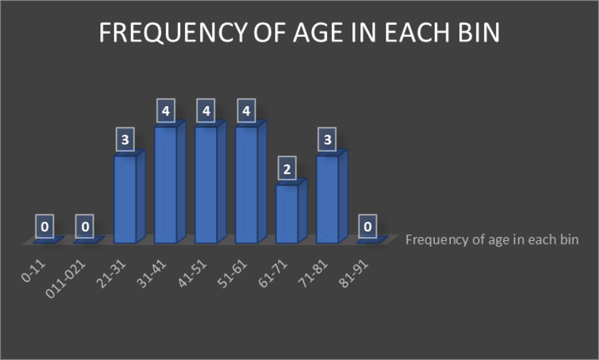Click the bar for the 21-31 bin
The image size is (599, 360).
click(130, 197)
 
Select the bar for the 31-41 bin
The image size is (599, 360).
click(170, 182)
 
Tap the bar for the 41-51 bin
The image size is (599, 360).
click(211, 182)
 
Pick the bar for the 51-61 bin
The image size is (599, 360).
click(251, 182)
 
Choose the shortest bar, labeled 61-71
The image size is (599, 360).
click(292, 211)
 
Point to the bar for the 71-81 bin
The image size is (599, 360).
click(332, 197)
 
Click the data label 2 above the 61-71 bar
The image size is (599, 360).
click(287, 168)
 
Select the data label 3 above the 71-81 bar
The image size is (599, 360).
click(327, 139)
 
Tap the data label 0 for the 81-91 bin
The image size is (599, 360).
click(368, 226)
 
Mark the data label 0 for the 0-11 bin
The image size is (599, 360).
click(44, 226)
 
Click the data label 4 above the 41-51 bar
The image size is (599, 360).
click(206, 110)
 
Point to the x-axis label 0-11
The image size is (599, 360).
click(33, 271)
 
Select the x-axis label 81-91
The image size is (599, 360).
click(354, 274)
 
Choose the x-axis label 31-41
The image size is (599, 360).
click(152, 274)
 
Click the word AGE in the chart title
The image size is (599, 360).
click(318, 32)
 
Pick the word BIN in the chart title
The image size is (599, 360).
click(479, 32)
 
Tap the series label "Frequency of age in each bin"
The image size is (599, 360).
click(492, 240)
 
